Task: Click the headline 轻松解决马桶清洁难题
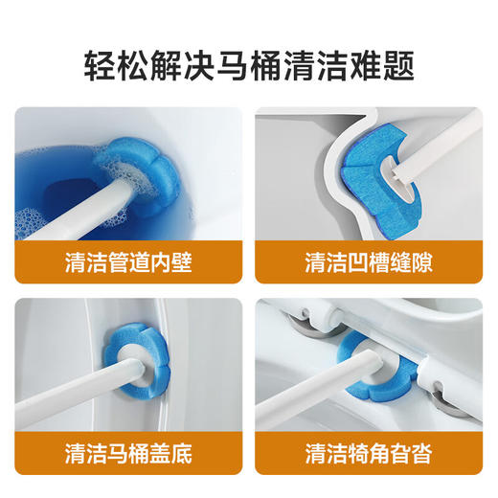tap(249, 66)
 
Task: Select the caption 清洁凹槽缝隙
tap(371, 261)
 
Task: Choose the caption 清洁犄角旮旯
tap(371, 450)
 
